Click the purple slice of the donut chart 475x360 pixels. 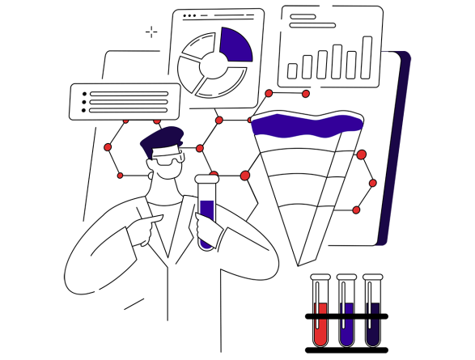click(x=235, y=45)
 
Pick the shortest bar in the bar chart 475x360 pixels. click(x=292, y=71)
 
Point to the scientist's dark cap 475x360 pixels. click(x=163, y=141)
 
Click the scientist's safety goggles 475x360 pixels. click(x=168, y=159)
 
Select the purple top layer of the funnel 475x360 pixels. click(x=306, y=125)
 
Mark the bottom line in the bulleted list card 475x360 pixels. click(x=129, y=110)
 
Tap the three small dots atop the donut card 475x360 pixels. click(x=189, y=15)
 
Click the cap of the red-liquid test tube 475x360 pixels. click(x=320, y=277)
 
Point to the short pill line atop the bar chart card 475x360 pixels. click(x=303, y=16)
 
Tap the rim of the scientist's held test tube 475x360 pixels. click(x=206, y=179)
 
